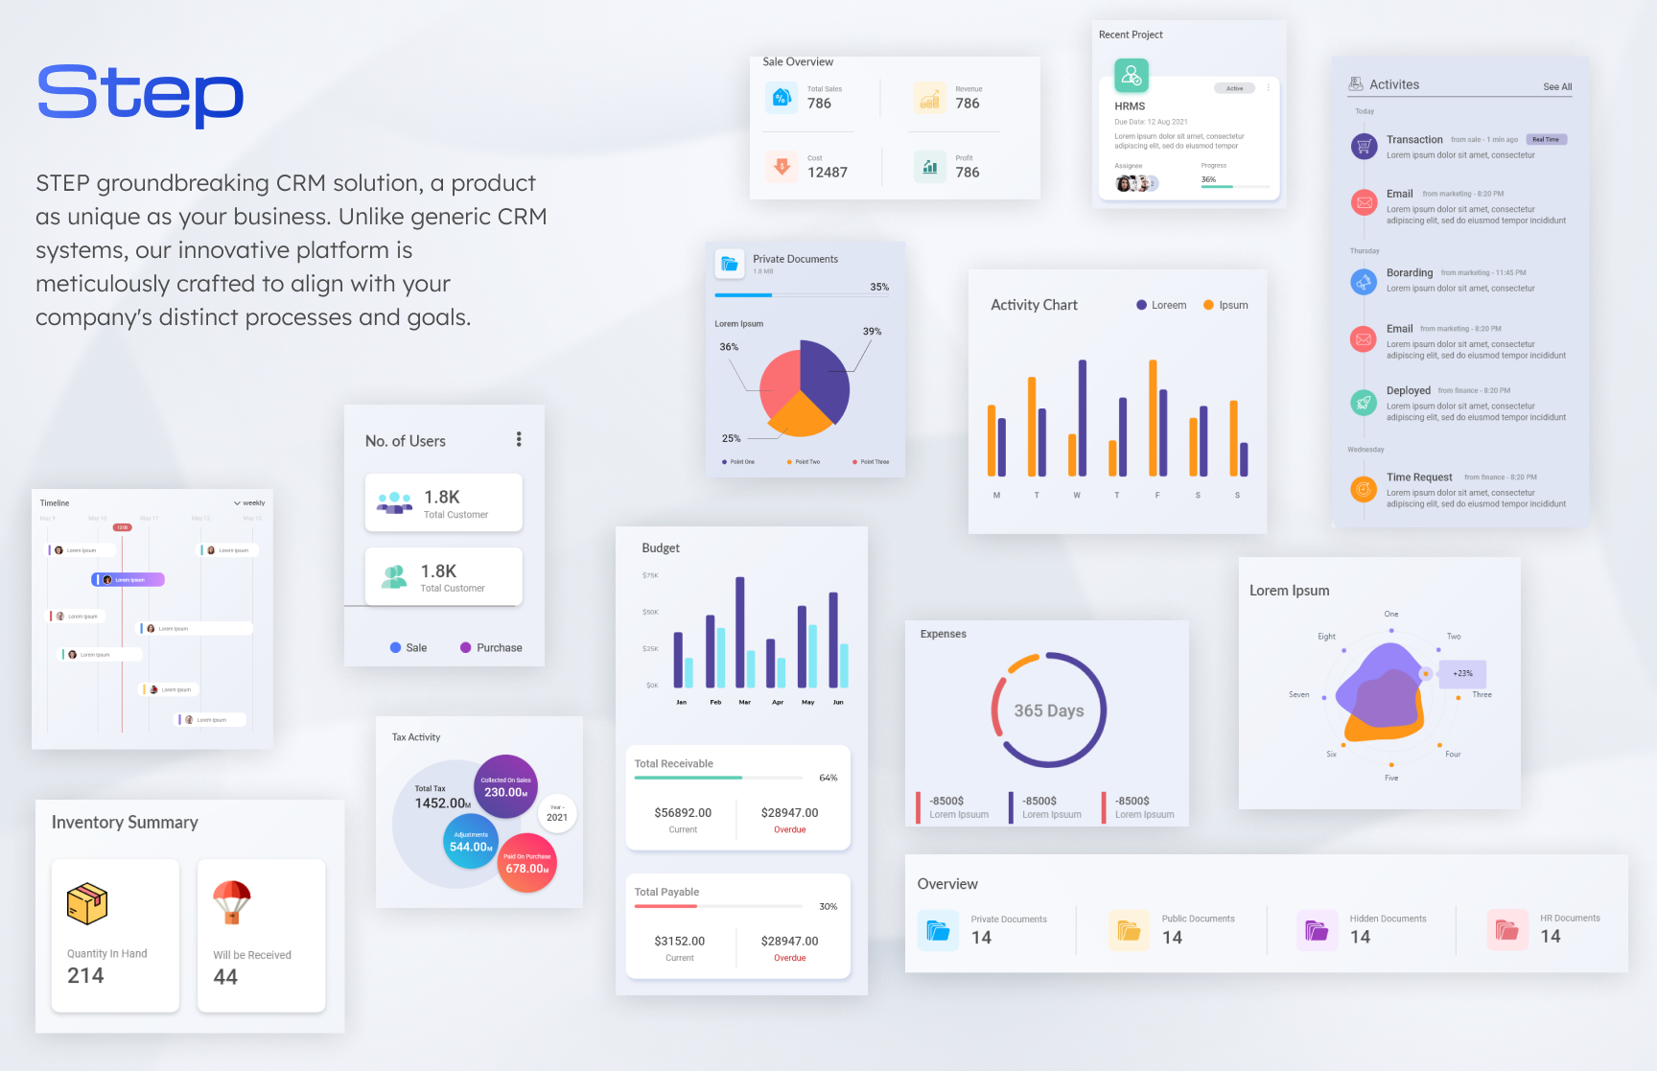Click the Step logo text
[140, 93]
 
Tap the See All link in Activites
[1556, 87]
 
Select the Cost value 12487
[827, 173]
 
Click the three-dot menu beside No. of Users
[519, 439]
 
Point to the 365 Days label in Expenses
[1048, 710]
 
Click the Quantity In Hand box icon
[87, 903]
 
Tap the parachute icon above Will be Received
[232, 902]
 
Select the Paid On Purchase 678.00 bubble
[527, 864]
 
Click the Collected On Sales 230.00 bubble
[505, 787]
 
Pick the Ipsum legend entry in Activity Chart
[1226, 306]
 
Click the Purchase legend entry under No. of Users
[491, 648]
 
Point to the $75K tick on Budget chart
[650, 575]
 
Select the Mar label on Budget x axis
[744, 703]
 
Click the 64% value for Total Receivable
[828, 778]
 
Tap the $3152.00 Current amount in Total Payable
[679, 942]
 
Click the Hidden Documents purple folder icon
[1317, 930]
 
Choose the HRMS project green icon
[1131, 75]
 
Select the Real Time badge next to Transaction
[1545, 140]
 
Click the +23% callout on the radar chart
[1462, 674]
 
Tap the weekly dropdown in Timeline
[249, 503]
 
